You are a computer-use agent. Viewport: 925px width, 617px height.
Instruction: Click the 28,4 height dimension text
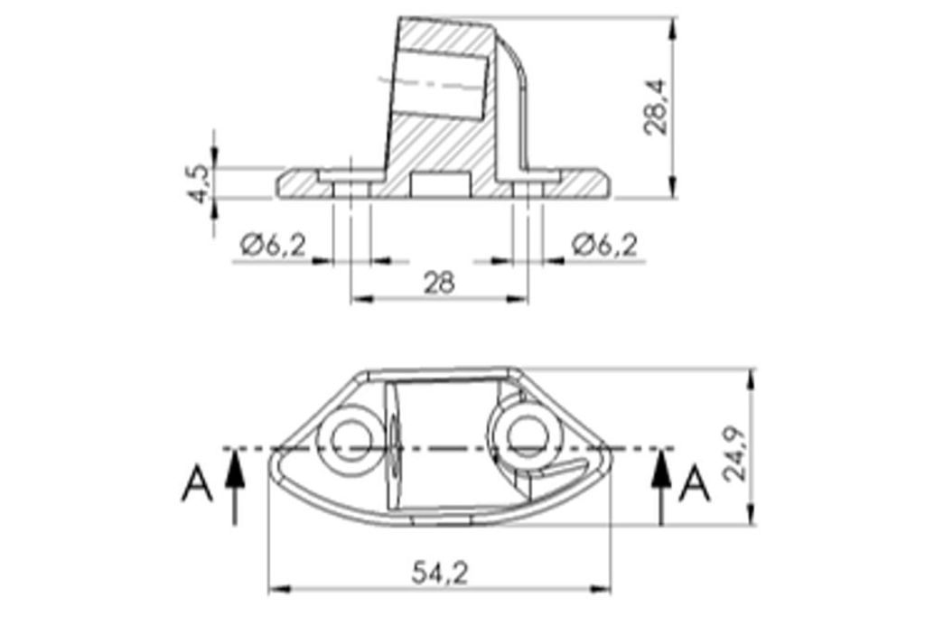point(655,107)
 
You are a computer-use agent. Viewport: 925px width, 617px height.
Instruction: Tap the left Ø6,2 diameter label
point(274,245)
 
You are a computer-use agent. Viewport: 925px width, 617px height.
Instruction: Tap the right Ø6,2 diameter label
point(604,245)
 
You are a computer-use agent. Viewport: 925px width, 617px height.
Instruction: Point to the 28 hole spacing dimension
point(440,283)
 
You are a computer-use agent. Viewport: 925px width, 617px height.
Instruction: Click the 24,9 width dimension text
point(735,453)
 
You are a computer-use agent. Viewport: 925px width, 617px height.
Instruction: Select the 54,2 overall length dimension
point(440,573)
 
